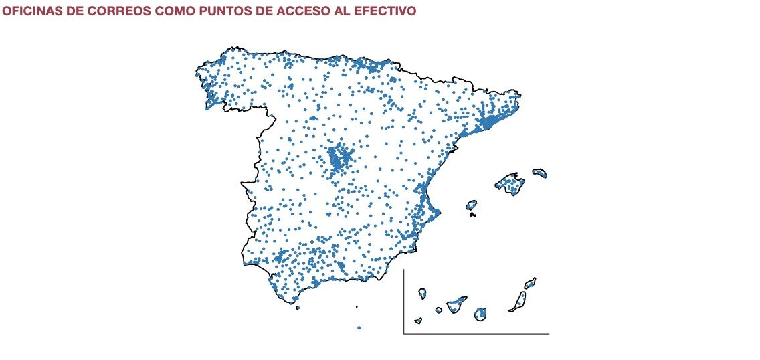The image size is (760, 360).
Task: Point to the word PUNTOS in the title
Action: click(229, 12)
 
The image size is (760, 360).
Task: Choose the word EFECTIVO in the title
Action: click(387, 12)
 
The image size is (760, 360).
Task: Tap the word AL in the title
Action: click(345, 12)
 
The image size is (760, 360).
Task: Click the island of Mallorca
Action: click(510, 183)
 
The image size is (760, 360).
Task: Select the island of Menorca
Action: click(540, 173)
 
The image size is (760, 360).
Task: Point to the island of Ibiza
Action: click(471, 205)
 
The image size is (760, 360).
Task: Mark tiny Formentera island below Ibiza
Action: click(473, 215)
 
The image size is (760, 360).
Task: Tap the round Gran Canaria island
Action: click(480, 314)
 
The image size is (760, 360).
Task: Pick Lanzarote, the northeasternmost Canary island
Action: click(530, 283)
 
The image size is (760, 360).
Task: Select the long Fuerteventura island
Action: click(520, 301)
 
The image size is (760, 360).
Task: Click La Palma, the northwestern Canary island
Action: click(423, 293)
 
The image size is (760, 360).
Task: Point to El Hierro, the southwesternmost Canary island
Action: click(418, 321)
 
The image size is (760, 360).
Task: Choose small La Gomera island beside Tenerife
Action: click(439, 310)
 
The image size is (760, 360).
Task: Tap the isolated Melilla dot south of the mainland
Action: click(359, 328)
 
